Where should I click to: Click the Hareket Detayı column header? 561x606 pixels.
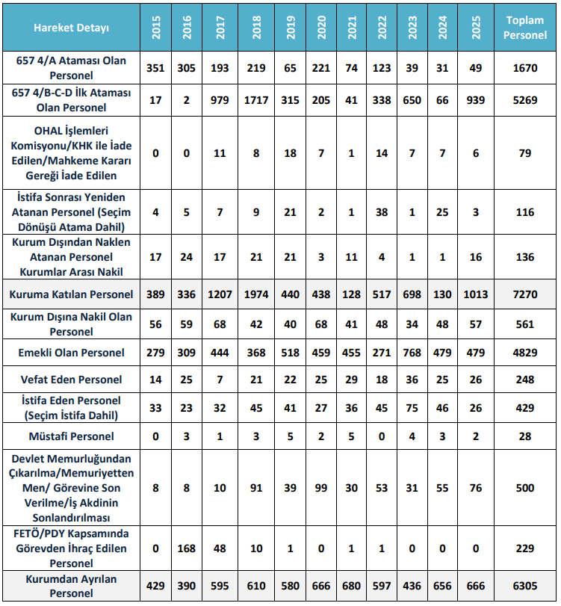[x=71, y=28]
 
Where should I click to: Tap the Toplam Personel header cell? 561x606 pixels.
[x=524, y=28]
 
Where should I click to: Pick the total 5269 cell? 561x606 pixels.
[x=524, y=100]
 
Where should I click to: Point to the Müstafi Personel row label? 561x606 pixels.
[x=71, y=436]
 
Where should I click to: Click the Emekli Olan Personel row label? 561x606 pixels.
[x=71, y=352]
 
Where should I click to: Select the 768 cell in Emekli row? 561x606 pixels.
[x=412, y=352]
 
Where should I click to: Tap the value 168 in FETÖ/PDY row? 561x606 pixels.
[x=187, y=548]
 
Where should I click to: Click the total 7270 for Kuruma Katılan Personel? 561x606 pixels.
[x=524, y=294]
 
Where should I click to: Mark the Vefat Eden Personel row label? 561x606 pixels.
[x=71, y=380]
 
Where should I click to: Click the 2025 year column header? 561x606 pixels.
[x=476, y=28]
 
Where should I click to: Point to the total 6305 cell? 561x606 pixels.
[x=524, y=586]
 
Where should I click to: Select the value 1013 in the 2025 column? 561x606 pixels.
[x=476, y=294]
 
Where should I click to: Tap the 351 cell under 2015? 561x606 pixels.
[x=155, y=68]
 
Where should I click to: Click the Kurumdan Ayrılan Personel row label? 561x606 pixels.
[x=71, y=586]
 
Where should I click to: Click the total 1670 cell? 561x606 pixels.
[x=524, y=68]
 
